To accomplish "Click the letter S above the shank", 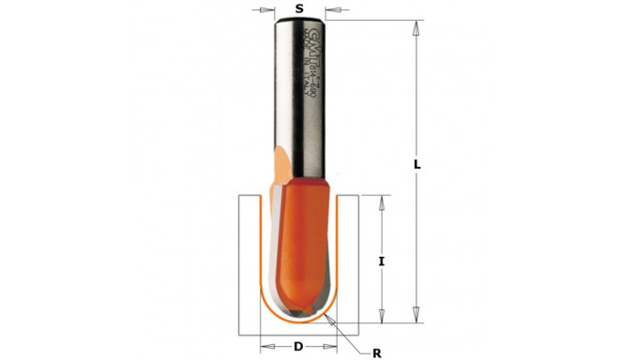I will click(299, 8).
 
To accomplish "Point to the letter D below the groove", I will click(299, 347).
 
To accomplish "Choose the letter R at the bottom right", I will click(376, 354).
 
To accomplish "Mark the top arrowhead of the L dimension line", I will click(413, 25).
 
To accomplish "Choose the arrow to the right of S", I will click(332, 9).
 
